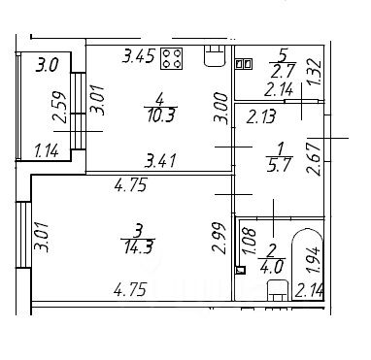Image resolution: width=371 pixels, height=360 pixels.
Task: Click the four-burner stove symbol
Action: point(171,58)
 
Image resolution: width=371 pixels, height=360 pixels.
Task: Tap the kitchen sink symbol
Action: point(214,55)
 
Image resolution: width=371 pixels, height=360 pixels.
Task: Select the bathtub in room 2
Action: point(308,265)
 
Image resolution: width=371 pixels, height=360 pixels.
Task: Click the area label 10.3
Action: point(160,115)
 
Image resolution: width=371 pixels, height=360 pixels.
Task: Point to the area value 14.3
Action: point(138,247)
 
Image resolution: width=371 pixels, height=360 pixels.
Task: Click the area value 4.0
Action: point(272,267)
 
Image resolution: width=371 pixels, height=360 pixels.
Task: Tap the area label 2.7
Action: point(283,71)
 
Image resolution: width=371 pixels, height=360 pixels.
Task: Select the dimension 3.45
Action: point(139,56)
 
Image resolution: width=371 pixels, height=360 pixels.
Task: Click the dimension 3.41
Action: point(160,161)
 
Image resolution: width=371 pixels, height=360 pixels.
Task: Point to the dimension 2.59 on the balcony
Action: point(61,107)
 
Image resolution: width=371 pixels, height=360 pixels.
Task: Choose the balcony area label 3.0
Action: point(48,65)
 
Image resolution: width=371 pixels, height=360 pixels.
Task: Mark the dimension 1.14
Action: point(47,150)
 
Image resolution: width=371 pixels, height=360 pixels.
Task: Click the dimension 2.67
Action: point(314,159)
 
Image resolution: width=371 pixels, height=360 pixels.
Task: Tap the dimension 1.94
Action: point(314,259)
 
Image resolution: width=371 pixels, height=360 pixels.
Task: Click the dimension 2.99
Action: point(219,238)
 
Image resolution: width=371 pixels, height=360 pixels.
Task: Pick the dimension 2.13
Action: point(261,116)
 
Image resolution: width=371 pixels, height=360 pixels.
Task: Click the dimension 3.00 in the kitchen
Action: point(221,108)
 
